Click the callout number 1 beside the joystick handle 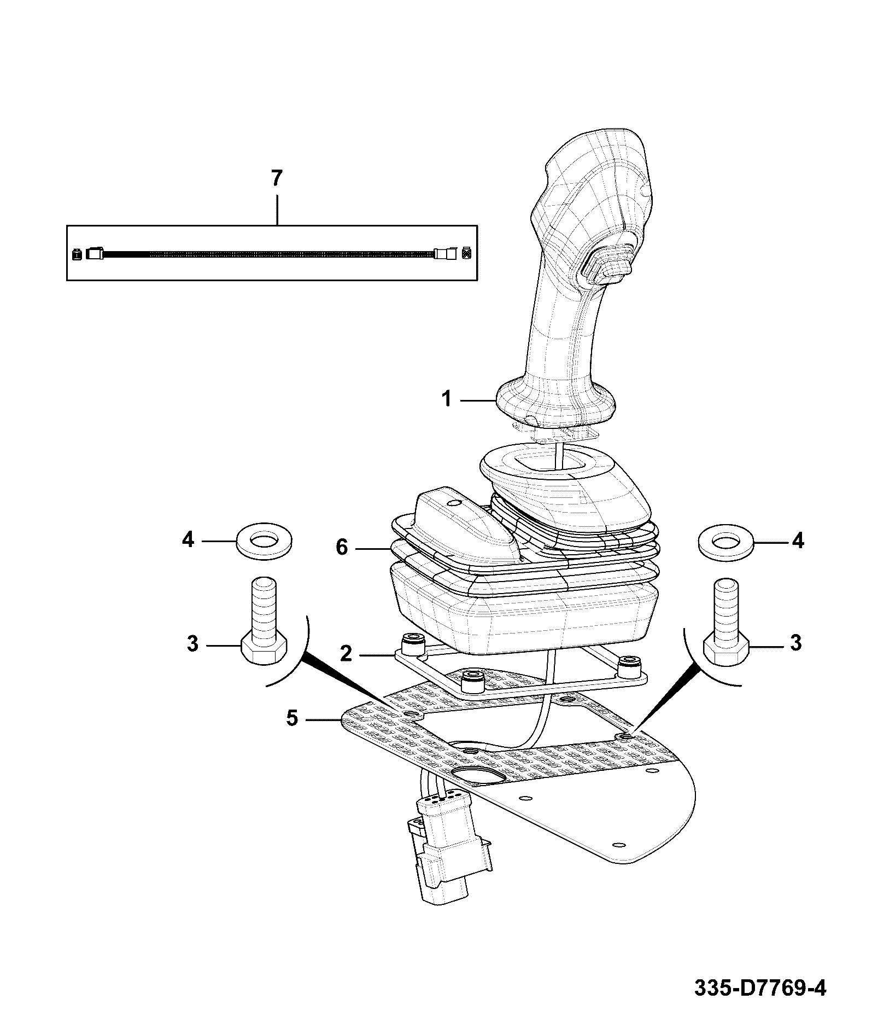pyautogui.click(x=447, y=399)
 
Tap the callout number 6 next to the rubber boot pyautogui.click(x=342, y=547)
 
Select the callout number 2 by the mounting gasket pyautogui.click(x=346, y=653)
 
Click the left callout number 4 pyautogui.click(x=188, y=540)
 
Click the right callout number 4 pyautogui.click(x=798, y=541)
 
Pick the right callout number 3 pyautogui.click(x=796, y=643)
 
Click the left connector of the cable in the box pyautogui.click(x=95, y=254)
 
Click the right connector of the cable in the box pyautogui.click(x=444, y=254)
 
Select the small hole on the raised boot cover pyautogui.click(x=452, y=502)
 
